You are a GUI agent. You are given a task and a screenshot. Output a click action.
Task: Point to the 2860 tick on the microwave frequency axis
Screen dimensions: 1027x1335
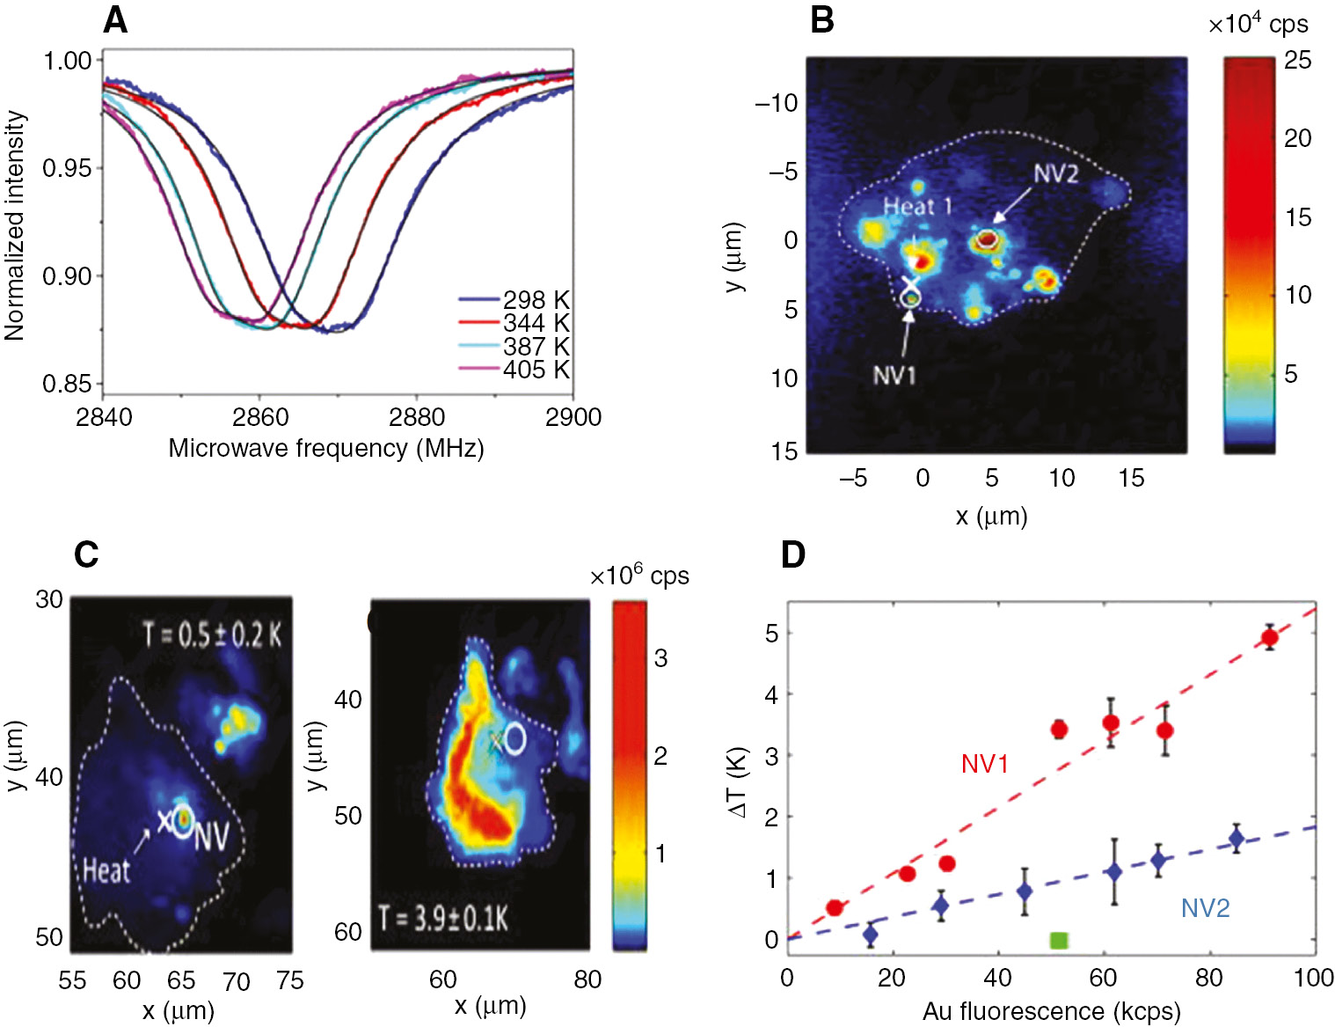tap(260, 417)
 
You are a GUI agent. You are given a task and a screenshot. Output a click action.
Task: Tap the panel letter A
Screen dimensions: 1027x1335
tap(115, 19)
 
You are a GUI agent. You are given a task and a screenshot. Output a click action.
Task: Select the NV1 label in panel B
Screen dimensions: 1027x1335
tap(894, 376)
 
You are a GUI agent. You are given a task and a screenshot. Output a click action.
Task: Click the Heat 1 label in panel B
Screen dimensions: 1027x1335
tap(917, 207)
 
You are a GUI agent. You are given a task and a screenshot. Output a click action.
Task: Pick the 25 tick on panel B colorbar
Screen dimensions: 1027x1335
tap(1297, 61)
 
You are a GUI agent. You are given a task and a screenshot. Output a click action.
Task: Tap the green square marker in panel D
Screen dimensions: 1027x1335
tap(1059, 940)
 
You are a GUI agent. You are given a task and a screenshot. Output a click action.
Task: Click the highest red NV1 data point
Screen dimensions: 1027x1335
tap(1269, 637)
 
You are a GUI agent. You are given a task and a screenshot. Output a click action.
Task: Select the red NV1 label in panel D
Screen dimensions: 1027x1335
tap(984, 764)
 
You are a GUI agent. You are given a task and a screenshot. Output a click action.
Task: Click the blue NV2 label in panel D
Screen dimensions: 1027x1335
tap(1205, 908)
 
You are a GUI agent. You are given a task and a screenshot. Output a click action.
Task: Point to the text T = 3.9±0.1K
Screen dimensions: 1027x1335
tap(443, 919)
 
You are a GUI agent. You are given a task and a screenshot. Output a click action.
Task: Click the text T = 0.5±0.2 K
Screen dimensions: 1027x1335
tap(212, 635)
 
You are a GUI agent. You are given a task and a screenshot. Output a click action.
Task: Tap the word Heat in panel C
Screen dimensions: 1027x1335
tap(106, 871)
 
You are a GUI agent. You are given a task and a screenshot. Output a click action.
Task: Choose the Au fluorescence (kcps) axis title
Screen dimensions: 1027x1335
tap(1051, 1011)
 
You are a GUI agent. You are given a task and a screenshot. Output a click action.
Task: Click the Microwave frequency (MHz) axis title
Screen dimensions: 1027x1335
tap(326, 448)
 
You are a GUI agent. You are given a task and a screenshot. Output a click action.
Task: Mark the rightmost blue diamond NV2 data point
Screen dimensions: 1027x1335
tap(1237, 839)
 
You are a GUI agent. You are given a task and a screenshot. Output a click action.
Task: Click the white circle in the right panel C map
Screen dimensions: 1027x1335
tap(514, 739)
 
